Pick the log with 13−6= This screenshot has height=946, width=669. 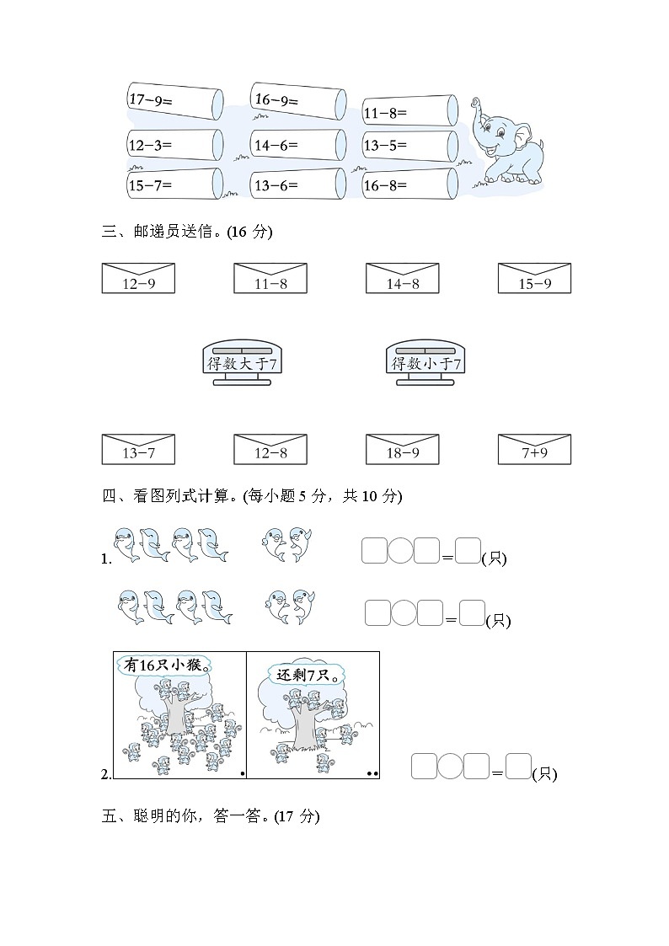[x=297, y=184]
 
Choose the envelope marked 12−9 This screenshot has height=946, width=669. [x=138, y=278]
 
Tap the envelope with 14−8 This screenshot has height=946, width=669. [x=402, y=278]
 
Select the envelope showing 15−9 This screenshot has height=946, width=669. [x=534, y=278]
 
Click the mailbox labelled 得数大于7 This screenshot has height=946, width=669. [x=243, y=364]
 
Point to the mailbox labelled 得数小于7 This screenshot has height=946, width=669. [x=425, y=364]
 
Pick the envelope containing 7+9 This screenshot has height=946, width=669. [x=534, y=449]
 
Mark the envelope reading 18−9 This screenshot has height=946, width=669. [x=402, y=449]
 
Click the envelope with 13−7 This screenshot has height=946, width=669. [x=138, y=449]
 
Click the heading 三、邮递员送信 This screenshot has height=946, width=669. [x=186, y=232]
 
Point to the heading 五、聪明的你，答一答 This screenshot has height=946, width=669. [x=211, y=816]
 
